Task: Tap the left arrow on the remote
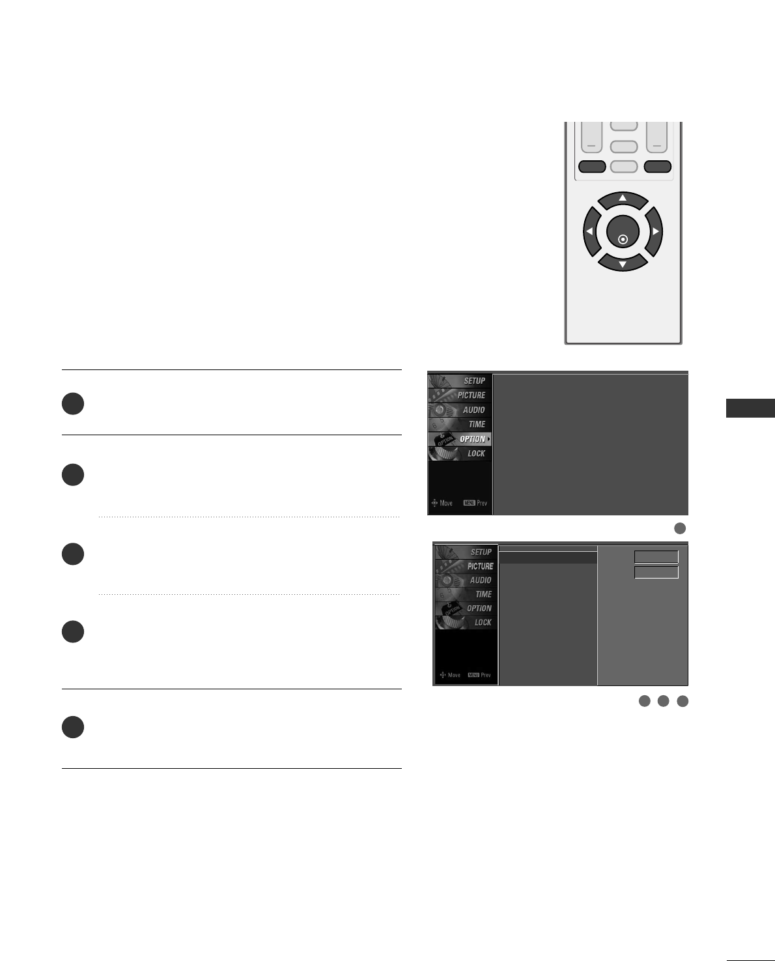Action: click(x=590, y=231)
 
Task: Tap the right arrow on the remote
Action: click(x=655, y=231)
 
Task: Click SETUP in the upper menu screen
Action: click(x=473, y=381)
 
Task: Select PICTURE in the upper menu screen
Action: click(x=471, y=395)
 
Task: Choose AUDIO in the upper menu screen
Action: click(x=473, y=410)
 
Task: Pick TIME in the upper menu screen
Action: click(x=476, y=424)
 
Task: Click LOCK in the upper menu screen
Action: click(x=475, y=453)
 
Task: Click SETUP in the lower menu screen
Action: click(x=481, y=552)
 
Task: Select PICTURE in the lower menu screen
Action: click(x=479, y=567)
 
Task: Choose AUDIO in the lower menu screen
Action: click(x=480, y=581)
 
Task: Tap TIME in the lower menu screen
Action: click(x=483, y=594)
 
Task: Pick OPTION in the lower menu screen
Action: click(x=479, y=609)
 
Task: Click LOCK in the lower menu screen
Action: click(x=482, y=623)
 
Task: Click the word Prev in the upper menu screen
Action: click(x=482, y=503)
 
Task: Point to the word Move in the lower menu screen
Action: click(x=454, y=675)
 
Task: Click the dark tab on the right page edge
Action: click(x=750, y=409)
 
